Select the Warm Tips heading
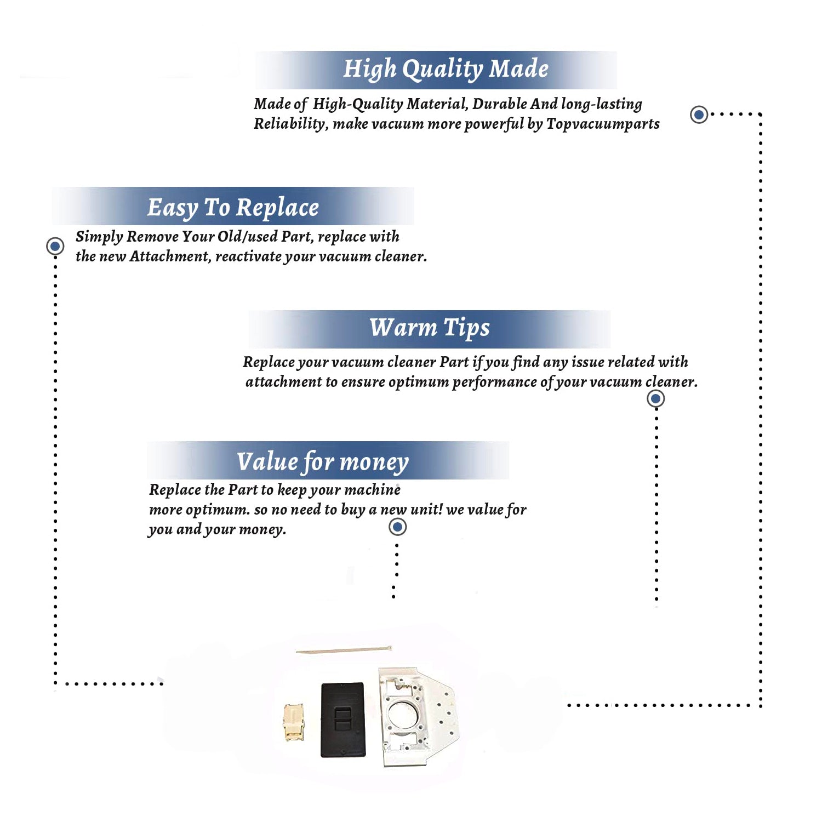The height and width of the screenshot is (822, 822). (429, 328)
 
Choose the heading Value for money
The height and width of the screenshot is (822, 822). (323, 462)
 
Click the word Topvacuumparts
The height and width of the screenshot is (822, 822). (603, 124)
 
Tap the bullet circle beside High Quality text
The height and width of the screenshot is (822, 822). (699, 115)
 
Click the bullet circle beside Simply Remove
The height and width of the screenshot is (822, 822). (55, 246)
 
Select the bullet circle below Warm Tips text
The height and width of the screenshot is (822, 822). (656, 398)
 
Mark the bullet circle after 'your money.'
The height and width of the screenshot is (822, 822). (397, 527)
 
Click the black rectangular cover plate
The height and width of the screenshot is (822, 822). (343, 720)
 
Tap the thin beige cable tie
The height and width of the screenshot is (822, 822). (344, 650)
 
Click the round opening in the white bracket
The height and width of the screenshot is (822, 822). (403, 717)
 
